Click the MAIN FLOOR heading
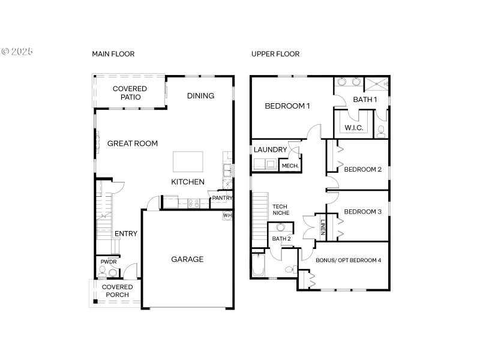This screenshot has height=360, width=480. pos(113,54)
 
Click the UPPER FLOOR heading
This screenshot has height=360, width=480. pos(275,54)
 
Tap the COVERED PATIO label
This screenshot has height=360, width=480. pos(130,93)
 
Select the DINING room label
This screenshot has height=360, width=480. pos(200,96)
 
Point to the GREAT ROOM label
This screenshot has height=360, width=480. pos(133,143)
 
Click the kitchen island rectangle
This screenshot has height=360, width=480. pos(188,162)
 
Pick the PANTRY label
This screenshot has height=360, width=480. pos(221,198)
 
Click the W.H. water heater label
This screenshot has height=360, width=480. pos(227,215)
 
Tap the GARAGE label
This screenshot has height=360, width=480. pos(187,259)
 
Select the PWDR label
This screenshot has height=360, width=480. pos(109,262)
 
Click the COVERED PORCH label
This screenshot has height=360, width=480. pos(117,291)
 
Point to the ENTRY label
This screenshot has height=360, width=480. pos(126,234)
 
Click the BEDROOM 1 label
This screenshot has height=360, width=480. pos(287,106)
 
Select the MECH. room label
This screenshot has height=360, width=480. pos(290,166)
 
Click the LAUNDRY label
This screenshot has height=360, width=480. pos(270,149)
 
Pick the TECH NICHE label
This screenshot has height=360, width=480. pos(281,209)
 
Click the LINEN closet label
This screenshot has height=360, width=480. pos(323,227)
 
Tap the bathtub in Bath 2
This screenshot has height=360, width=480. pos(259,266)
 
